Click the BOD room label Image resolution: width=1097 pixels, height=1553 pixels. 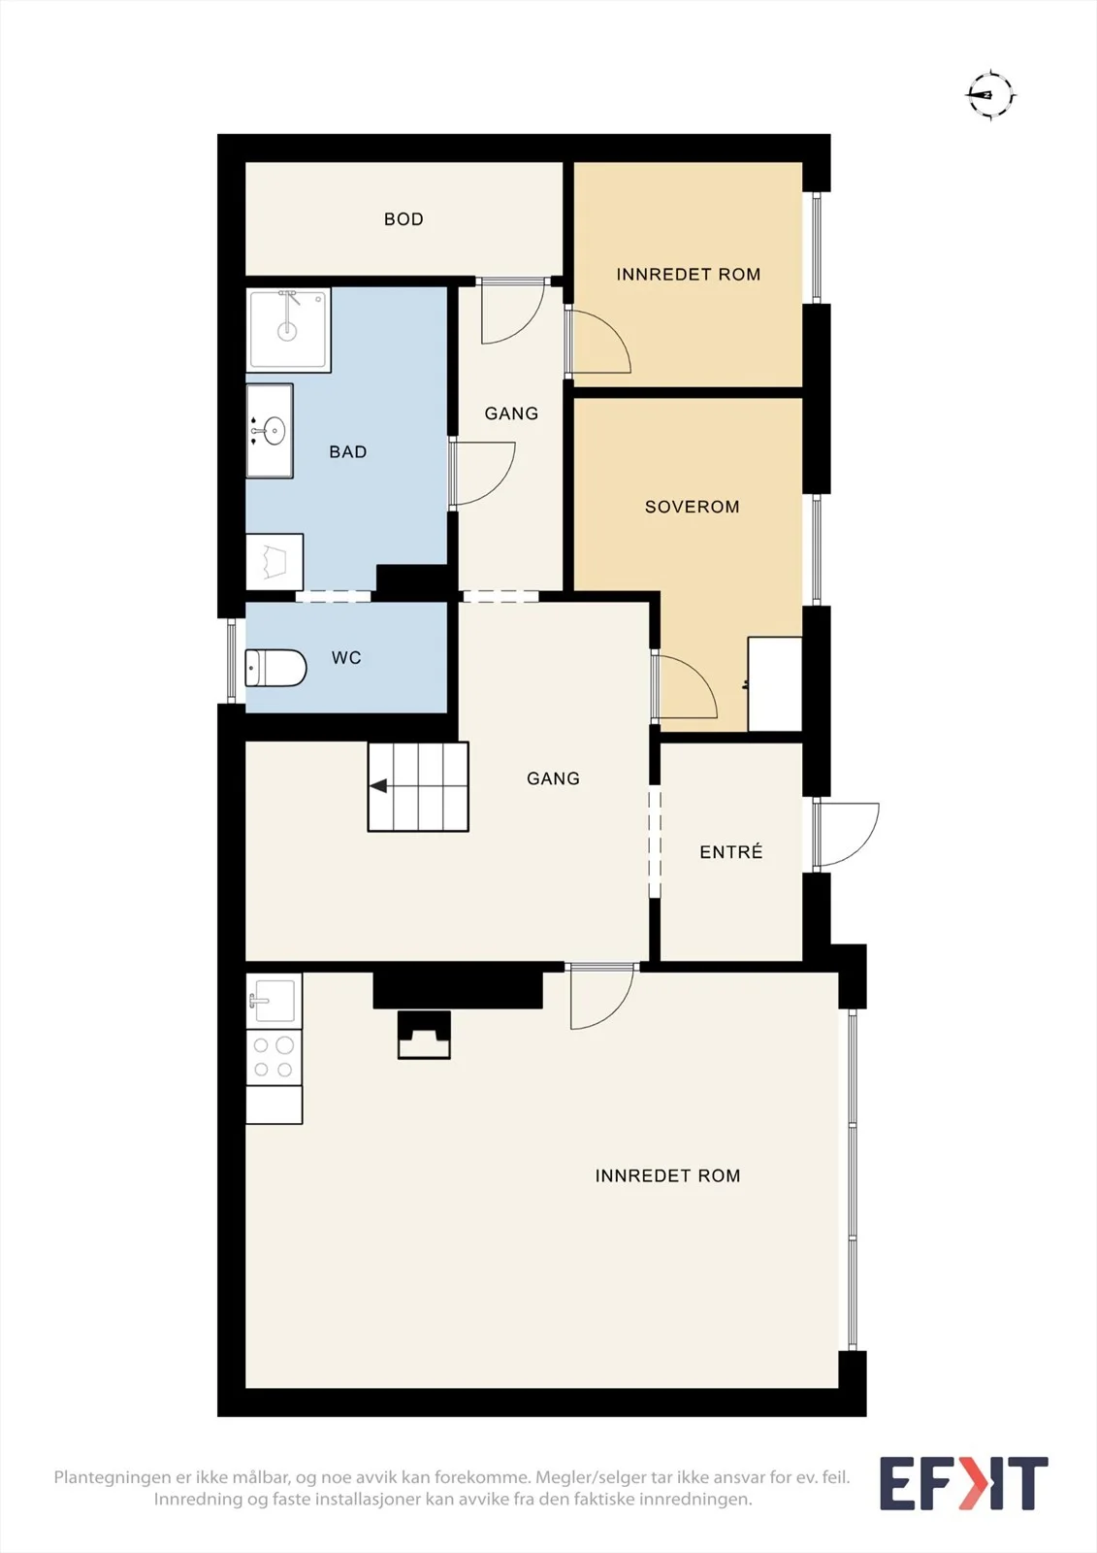click(403, 219)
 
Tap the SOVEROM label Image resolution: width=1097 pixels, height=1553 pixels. click(692, 507)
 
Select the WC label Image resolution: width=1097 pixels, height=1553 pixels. click(346, 658)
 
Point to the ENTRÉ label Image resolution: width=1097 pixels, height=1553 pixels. click(731, 851)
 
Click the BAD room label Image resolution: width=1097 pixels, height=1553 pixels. click(348, 452)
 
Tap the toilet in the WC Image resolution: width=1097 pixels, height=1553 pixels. click(275, 668)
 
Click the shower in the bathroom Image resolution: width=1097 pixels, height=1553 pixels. click(288, 329)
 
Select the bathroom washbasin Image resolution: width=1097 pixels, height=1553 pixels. click(270, 431)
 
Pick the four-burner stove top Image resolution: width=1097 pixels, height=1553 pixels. click(274, 1057)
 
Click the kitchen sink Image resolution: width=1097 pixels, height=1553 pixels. click(274, 1001)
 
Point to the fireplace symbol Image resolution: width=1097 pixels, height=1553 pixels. click(424, 1035)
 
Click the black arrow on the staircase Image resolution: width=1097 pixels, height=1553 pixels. click(378, 786)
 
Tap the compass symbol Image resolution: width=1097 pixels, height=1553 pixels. click(991, 94)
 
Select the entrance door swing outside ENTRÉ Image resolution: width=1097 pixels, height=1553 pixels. click(847, 835)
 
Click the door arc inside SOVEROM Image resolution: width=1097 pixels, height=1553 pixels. click(688, 683)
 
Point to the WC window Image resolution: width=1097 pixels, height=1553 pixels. click(232, 660)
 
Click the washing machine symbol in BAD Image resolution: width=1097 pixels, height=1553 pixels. click(274, 562)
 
